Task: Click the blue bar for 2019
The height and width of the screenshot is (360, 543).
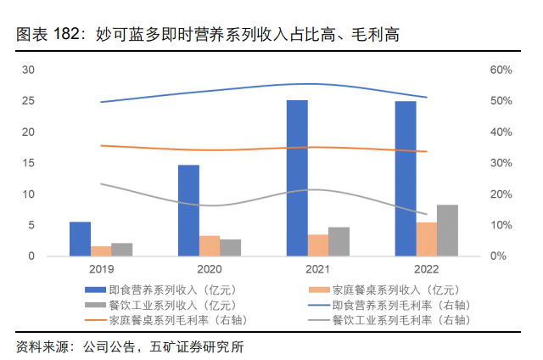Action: point(80,239)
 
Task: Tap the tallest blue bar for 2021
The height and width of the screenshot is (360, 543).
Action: point(297,178)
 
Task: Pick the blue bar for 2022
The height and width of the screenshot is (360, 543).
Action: point(406,178)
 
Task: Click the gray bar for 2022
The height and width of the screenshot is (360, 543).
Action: point(448,230)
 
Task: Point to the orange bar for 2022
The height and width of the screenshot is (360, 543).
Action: point(427,239)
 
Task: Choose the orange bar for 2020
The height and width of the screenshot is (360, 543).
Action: point(210,245)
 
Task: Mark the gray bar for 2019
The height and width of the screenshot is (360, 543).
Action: point(122,250)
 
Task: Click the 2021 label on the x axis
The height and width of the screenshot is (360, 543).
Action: point(317,267)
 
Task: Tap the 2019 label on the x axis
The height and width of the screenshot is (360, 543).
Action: point(100,267)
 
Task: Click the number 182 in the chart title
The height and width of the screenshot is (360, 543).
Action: point(70,35)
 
